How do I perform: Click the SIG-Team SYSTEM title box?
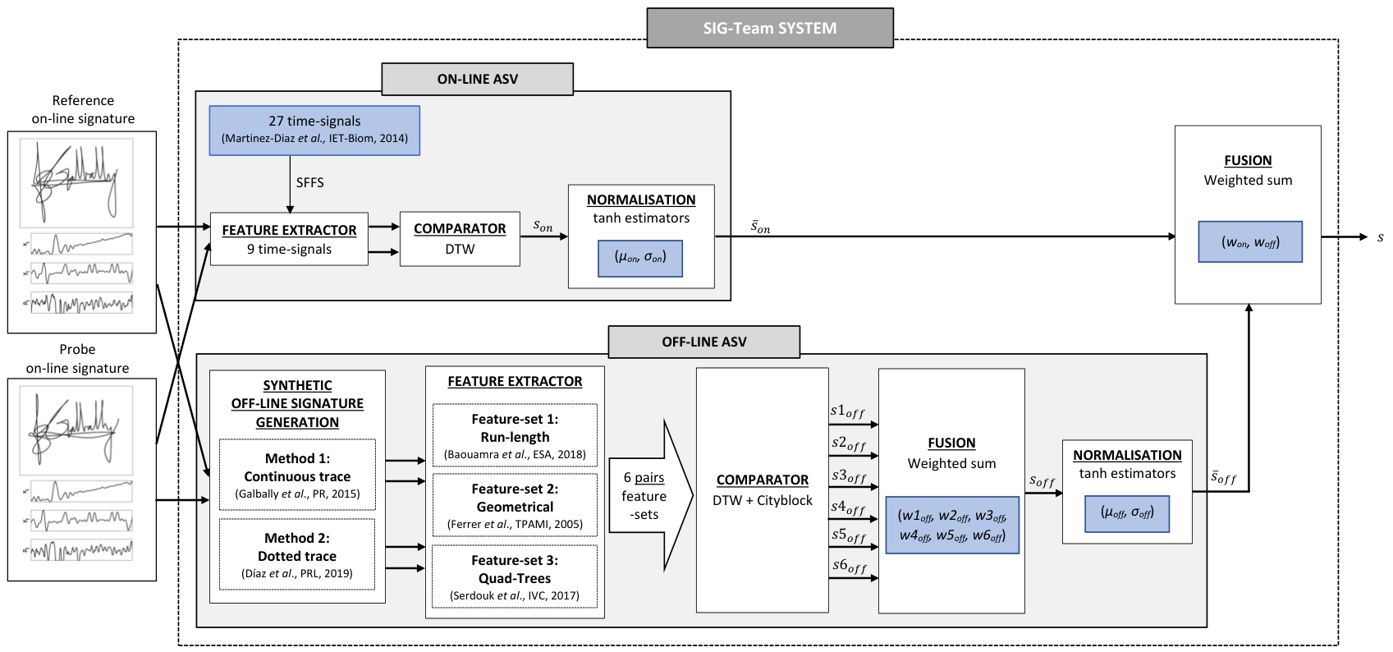click(770, 28)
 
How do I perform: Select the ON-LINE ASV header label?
click(478, 79)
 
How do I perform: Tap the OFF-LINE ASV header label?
click(704, 342)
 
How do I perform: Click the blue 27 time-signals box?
click(314, 130)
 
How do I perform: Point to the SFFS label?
click(309, 182)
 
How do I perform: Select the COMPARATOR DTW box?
click(460, 239)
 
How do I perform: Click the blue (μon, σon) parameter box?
click(640, 258)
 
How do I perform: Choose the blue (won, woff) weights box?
click(1250, 241)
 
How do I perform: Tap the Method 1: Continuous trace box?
click(297, 475)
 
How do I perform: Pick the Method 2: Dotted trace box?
click(297, 554)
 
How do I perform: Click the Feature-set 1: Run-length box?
click(515, 435)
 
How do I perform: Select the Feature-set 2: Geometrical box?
click(515, 505)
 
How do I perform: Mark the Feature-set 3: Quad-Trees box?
click(515, 576)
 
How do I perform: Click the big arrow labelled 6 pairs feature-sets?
click(650, 496)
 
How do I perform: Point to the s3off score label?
click(849, 476)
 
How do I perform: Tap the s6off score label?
click(849, 566)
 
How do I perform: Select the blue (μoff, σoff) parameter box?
click(1127, 513)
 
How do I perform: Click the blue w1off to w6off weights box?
click(952, 525)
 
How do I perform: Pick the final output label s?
click(1381, 237)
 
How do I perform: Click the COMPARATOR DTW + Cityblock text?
click(763, 490)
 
